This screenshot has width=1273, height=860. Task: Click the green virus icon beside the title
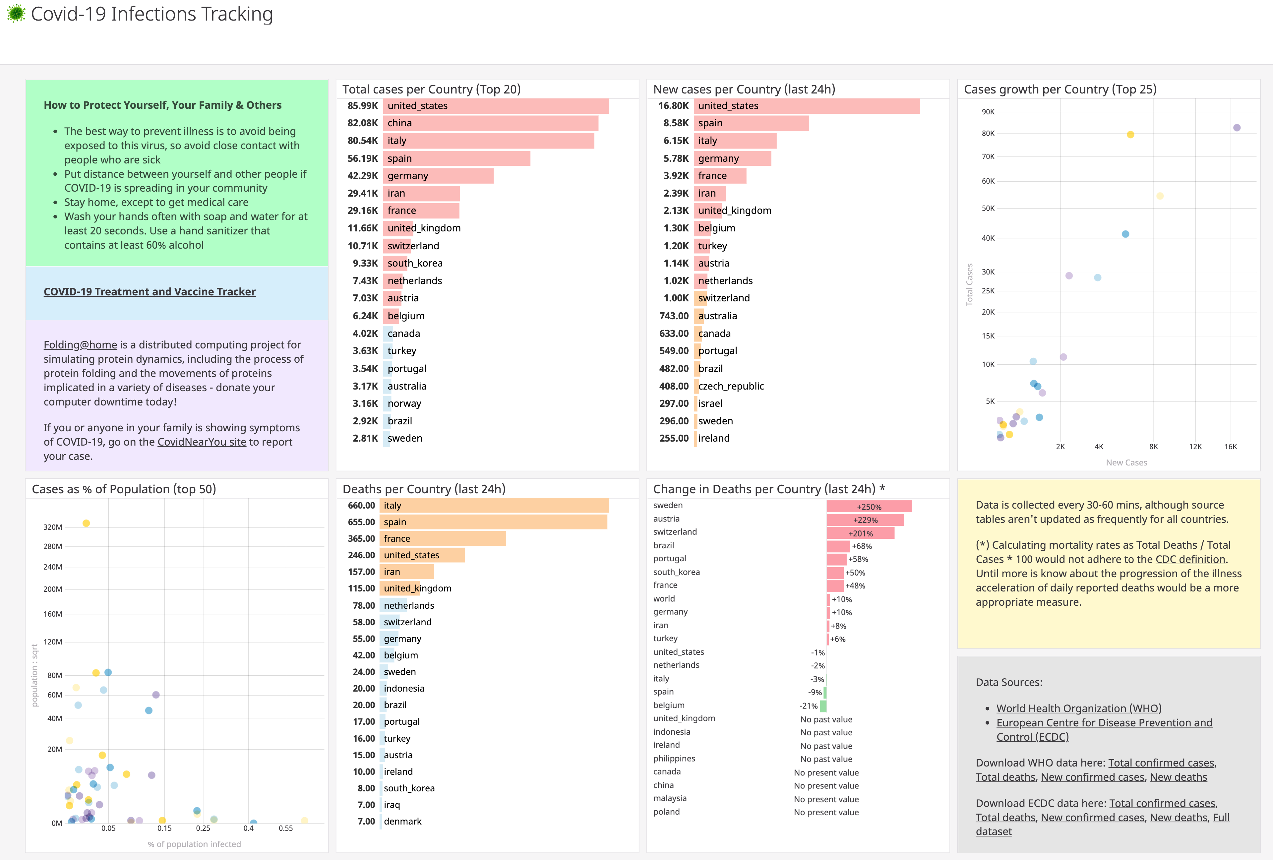point(16,13)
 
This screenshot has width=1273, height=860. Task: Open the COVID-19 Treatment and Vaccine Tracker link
point(150,291)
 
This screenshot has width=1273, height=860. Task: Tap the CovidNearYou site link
point(202,442)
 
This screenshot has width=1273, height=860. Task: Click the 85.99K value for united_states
point(363,106)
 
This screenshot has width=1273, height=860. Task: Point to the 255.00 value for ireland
point(674,438)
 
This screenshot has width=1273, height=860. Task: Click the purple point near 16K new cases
point(1236,128)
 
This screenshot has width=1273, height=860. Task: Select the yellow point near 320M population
point(86,523)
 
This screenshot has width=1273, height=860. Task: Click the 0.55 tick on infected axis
point(285,828)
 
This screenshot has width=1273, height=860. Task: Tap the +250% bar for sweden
point(869,507)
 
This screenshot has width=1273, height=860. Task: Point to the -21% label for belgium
point(809,706)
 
